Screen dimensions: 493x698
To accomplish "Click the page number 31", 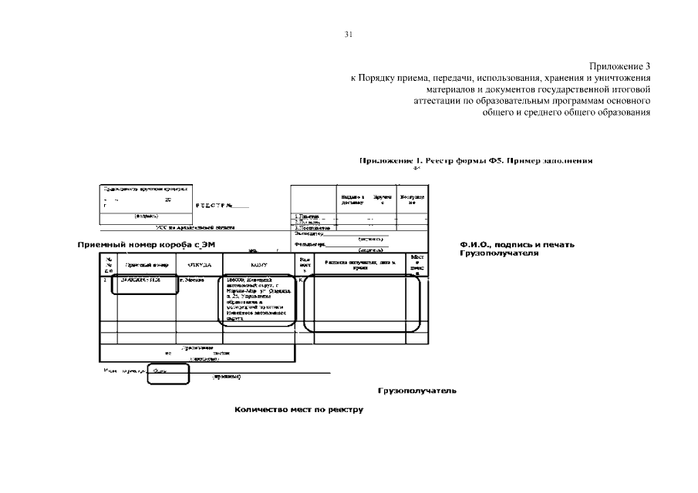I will (x=349, y=35).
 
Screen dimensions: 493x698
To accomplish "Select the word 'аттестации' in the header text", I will (x=437, y=101).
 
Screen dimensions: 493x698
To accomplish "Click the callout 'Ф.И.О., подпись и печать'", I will (x=517, y=244).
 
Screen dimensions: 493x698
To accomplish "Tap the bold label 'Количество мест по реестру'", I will (x=298, y=409).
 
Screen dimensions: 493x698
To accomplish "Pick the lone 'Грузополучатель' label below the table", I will (x=416, y=390).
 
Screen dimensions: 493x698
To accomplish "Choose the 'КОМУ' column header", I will (x=258, y=265).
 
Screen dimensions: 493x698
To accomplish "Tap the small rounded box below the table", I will (x=168, y=374).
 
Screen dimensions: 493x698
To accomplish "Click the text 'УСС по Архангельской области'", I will (x=196, y=228).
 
